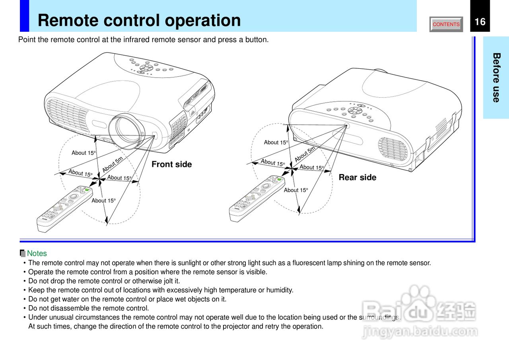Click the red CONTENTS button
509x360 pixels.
(446, 24)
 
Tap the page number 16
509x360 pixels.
(480, 22)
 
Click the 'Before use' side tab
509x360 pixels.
(496, 77)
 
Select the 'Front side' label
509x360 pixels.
(171, 165)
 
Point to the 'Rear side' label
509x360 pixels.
(357, 178)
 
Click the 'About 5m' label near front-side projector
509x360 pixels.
(113, 165)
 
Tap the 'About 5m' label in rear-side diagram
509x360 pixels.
(305, 154)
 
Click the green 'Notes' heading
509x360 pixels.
(37, 254)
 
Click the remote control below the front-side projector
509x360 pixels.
(65, 208)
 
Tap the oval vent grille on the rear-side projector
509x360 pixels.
(394, 149)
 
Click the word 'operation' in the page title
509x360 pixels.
(202, 21)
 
